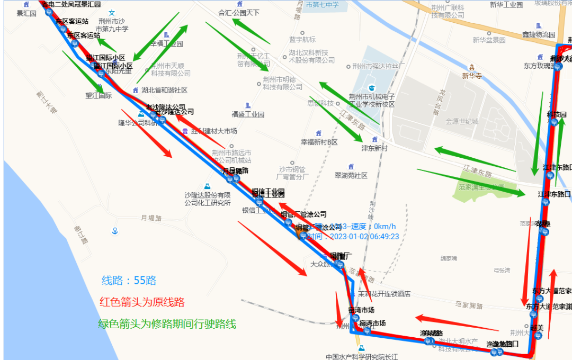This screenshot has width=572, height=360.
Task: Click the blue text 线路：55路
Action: (x=129, y=281)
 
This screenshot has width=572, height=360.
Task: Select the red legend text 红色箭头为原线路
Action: (x=142, y=302)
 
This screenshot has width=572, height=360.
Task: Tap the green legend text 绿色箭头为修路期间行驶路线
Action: (x=167, y=324)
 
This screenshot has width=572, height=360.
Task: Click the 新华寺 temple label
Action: (x=472, y=76)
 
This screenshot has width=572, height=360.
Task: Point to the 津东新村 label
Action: (x=374, y=148)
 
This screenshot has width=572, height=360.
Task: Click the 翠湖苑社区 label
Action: (x=351, y=175)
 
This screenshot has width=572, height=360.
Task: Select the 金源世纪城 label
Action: (x=461, y=121)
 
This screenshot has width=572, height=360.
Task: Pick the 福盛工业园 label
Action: (x=247, y=114)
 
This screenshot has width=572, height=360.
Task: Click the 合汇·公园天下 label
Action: (x=239, y=12)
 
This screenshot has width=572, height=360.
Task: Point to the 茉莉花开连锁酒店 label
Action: (x=384, y=294)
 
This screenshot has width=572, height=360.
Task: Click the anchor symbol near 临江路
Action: (x=114, y=231)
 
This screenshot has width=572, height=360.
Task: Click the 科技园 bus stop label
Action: (x=557, y=114)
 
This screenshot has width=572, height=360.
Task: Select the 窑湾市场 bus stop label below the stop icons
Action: (x=372, y=323)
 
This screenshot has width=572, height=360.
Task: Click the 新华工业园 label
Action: (x=506, y=5)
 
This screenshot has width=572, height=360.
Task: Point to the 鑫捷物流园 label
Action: (x=539, y=34)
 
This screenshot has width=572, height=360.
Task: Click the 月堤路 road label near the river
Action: (x=151, y=218)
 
